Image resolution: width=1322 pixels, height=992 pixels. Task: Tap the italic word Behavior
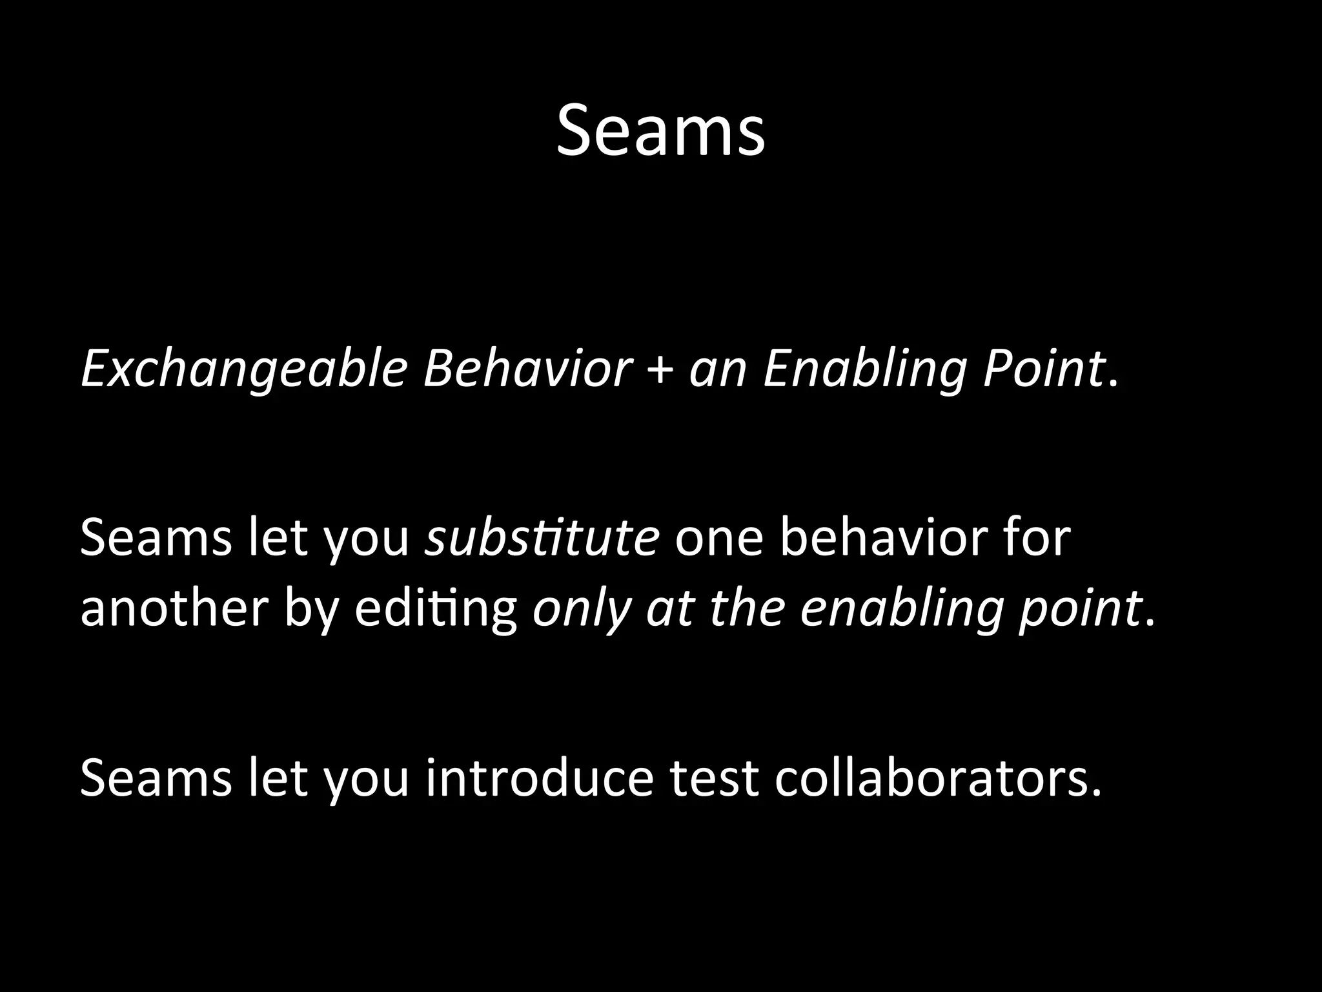(x=526, y=370)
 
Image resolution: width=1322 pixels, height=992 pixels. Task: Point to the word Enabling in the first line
(x=865, y=370)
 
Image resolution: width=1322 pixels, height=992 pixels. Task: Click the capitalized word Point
(x=1042, y=370)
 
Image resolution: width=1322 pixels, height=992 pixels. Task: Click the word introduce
(x=539, y=777)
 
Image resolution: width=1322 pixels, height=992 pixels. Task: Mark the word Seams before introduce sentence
(x=156, y=777)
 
